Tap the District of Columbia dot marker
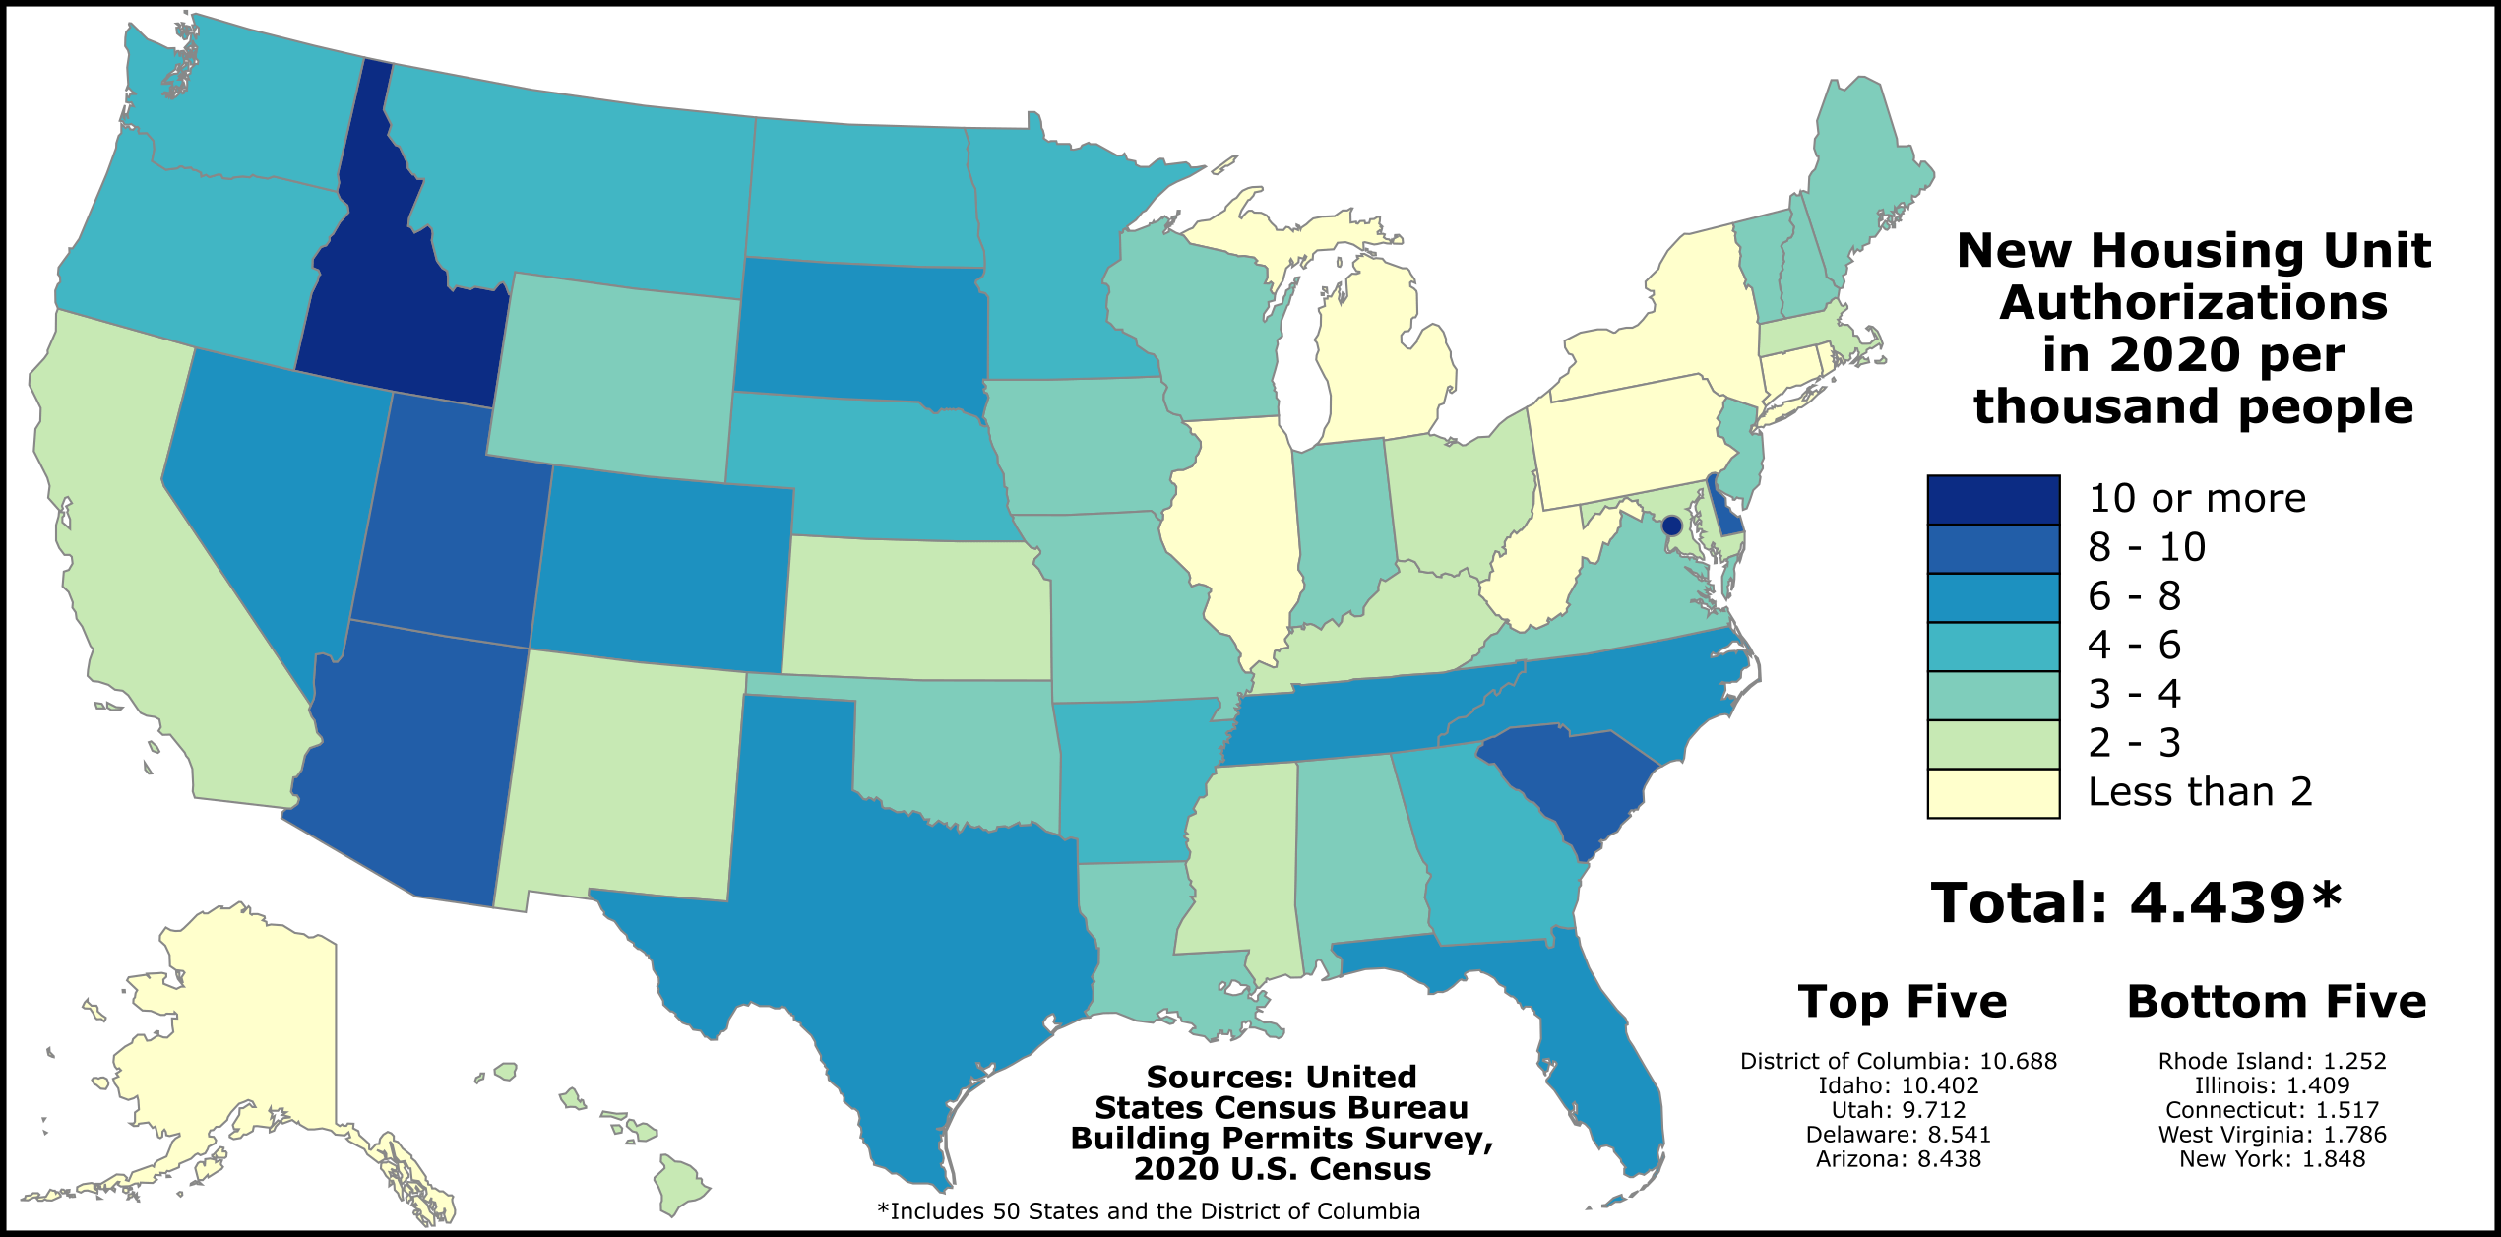point(1671,526)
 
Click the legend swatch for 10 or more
point(1993,499)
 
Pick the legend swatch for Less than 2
point(1993,793)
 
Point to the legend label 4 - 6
point(2134,646)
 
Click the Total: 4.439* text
point(2136,902)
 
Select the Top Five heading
point(1903,1002)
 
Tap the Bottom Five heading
point(2277,1002)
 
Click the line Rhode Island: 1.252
point(2272,1061)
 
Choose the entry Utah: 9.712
point(1898,1110)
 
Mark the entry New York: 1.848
point(2272,1159)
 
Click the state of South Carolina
point(1565,777)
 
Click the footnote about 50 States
point(1149,1211)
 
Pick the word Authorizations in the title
point(2193,303)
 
